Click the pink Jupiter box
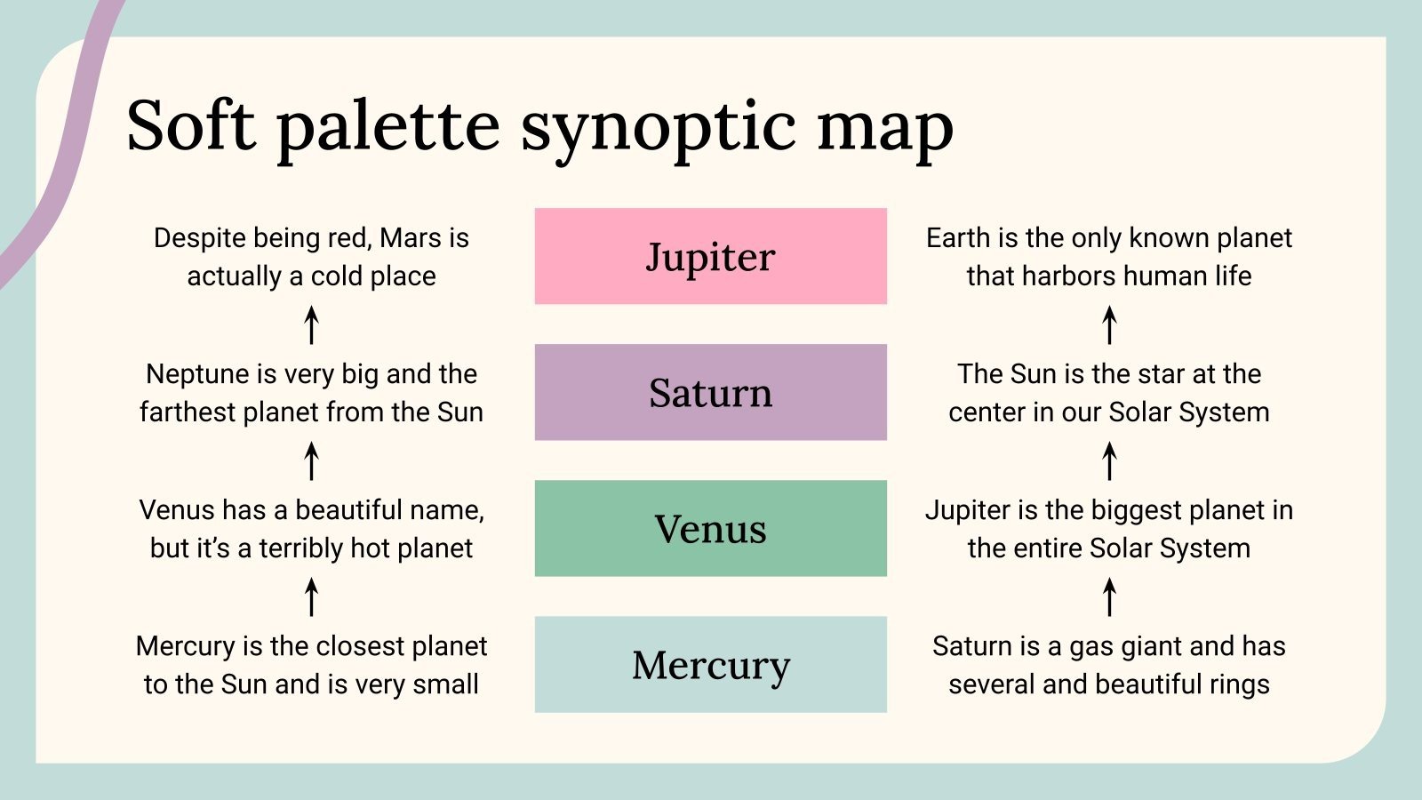click(710, 256)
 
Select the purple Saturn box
click(710, 392)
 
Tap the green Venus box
click(710, 528)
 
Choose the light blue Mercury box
click(710, 664)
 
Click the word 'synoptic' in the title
click(659, 126)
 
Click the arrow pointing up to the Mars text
click(311, 324)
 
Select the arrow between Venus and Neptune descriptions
click(311, 460)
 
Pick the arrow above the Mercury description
click(311, 596)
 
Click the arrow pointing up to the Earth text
click(1109, 324)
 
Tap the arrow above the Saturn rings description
click(1109, 596)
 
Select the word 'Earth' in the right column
click(958, 238)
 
